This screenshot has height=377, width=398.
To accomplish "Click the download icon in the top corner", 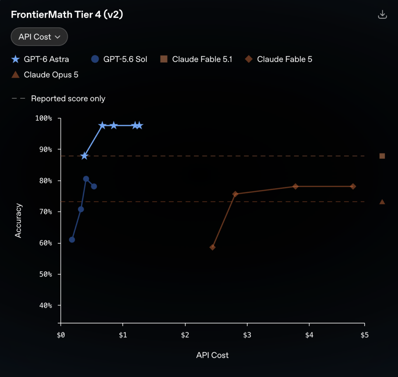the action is pyautogui.click(x=382, y=14).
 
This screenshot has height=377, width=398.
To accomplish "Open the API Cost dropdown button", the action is pyautogui.click(x=39, y=37).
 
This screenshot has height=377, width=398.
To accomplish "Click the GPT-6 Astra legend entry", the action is pyautogui.click(x=40, y=59).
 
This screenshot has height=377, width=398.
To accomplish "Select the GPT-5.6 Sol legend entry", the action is pyautogui.click(x=119, y=59).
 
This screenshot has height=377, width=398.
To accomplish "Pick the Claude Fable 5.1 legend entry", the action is pyautogui.click(x=196, y=59).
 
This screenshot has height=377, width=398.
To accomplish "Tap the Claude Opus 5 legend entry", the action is pyautogui.click(x=45, y=75).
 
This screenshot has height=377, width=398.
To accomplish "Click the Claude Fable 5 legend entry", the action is pyautogui.click(x=278, y=59).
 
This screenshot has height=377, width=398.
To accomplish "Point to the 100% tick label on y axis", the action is pyautogui.click(x=44, y=118).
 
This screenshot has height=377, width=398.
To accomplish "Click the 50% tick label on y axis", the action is pyautogui.click(x=46, y=274).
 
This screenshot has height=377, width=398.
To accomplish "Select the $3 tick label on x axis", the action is pyautogui.click(x=247, y=335).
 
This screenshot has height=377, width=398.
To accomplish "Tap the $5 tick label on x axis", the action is pyautogui.click(x=364, y=335).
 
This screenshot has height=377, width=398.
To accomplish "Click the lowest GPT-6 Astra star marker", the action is pyautogui.click(x=85, y=156).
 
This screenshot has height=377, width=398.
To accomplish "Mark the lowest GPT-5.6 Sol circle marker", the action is pyautogui.click(x=72, y=240).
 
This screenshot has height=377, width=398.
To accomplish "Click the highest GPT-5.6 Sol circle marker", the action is pyautogui.click(x=86, y=179).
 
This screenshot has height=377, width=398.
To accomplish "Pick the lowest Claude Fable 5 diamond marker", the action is pyautogui.click(x=212, y=247).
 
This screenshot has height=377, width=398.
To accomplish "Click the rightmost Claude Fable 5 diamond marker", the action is pyautogui.click(x=353, y=186).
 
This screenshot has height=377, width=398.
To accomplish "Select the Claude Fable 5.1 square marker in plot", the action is pyautogui.click(x=382, y=156).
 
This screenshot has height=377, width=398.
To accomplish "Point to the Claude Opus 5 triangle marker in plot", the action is pyautogui.click(x=382, y=202).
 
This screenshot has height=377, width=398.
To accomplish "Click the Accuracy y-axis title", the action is pyautogui.click(x=18, y=221).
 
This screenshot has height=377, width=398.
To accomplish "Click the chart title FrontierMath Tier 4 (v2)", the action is pyautogui.click(x=67, y=14).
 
